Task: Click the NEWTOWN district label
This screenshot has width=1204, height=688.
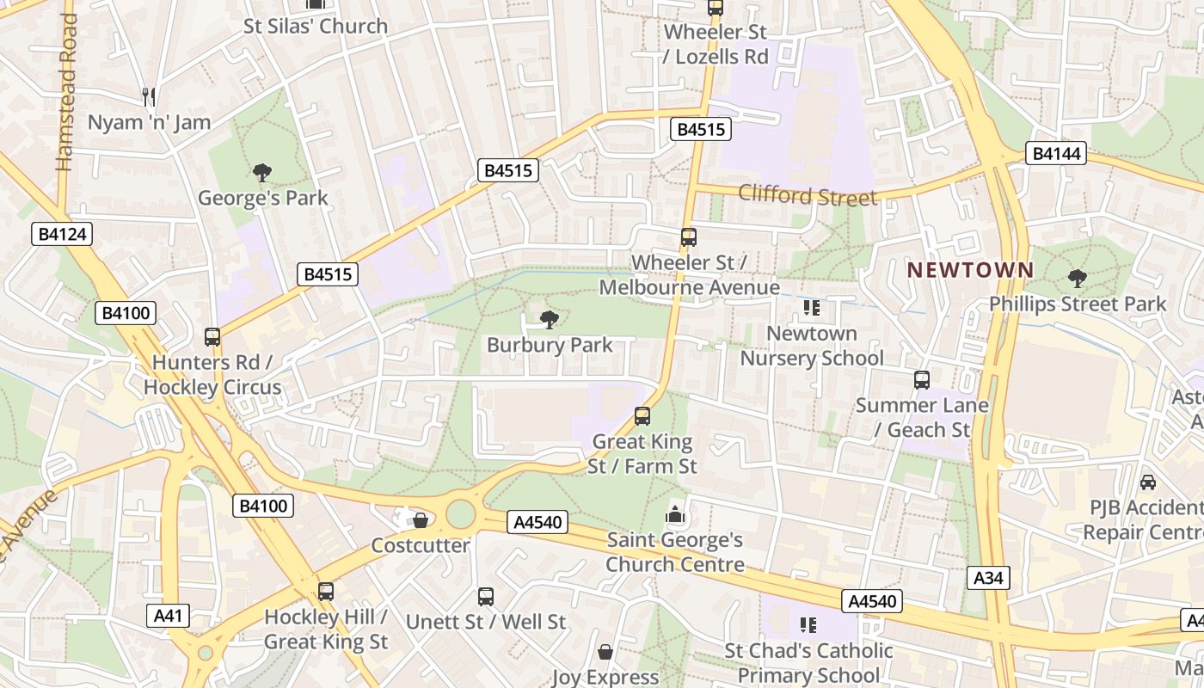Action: (x=971, y=270)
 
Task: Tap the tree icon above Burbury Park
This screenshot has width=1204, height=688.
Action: (x=549, y=320)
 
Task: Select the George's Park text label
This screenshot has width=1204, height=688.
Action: (x=263, y=198)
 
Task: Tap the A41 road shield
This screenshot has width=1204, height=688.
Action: (x=168, y=616)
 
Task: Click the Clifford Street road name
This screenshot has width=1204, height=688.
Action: (x=808, y=195)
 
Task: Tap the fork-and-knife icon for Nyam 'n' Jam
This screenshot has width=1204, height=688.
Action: (x=149, y=96)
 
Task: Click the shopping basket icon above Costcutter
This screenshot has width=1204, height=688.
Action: (x=421, y=520)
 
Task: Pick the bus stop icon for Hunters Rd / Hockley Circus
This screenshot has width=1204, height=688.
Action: (x=212, y=337)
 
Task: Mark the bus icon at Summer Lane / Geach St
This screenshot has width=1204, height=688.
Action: (x=922, y=379)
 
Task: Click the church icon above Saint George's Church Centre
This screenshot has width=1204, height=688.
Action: (x=675, y=515)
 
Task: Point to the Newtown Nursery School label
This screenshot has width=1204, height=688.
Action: (x=812, y=345)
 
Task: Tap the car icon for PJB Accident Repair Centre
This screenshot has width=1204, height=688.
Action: (x=1147, y=482)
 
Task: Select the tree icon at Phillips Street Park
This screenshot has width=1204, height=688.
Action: (x=1077, y=279)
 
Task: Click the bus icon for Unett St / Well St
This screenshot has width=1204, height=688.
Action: (x=486, y=596)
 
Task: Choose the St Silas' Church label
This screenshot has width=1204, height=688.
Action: (x=316, y=26)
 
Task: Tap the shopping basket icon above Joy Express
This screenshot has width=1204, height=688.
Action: (x=605, y=652)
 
